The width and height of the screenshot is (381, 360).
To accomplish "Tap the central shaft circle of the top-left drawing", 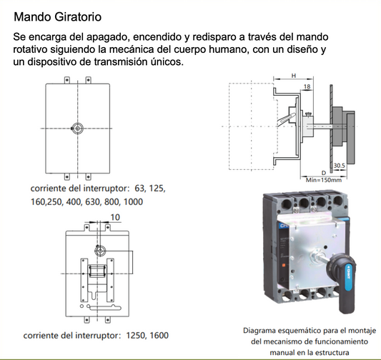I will [x=78, y=127].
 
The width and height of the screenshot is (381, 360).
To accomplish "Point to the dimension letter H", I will [x=295, y=75].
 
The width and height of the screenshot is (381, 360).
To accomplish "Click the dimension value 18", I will [x=307, y=86].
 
